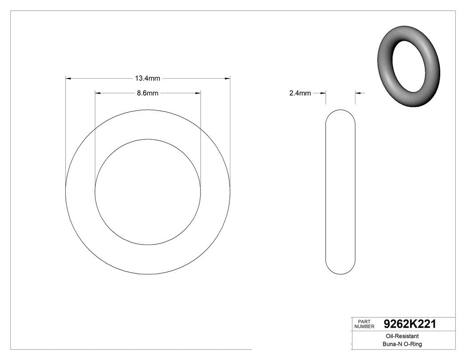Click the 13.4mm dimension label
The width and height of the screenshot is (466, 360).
click(147, 79)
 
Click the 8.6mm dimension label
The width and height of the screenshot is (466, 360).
click(147, 93)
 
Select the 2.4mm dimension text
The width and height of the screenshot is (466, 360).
click(300, 93)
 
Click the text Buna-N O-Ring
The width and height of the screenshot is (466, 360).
click(402, 344)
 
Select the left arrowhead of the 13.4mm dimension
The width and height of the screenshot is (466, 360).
click(68, 79)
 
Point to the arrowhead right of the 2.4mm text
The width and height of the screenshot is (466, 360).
click(323, 93)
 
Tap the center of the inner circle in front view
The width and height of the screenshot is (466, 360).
click(148, 192)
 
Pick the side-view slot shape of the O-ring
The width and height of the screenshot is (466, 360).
click(340, 192)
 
